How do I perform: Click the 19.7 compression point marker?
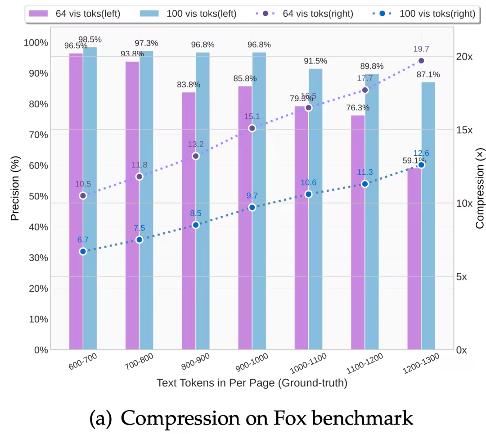(x=421, y=61)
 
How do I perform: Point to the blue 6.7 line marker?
(x=83, y=252)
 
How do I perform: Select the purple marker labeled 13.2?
(x=195, y=156)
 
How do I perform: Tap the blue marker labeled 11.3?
(x=365, y=184)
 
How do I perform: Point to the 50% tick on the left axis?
(x=36, y=196)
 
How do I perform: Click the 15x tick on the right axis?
(x=464, y=130)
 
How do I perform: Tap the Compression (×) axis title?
(x=480, y=189)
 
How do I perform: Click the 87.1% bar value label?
(x=428, y=75)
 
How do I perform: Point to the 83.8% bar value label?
(x=189, y=85)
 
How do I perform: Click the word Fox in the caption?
(x=291, y=418)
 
